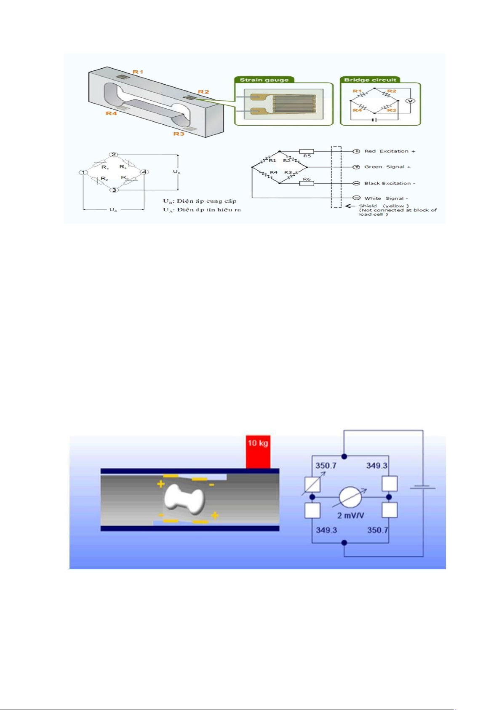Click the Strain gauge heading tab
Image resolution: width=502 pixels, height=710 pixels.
click(x=264, y=80)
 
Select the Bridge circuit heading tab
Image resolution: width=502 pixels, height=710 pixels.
click(x=370, y=80)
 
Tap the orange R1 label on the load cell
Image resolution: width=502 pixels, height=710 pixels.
click(x=138, y=72)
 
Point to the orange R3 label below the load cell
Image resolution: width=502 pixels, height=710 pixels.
click(x=179, y=134)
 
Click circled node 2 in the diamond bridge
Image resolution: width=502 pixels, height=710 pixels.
click(x=114, y=155)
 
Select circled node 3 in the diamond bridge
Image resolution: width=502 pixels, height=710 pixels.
click(x=114, y=190)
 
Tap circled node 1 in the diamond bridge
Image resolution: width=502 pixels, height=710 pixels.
click(x=83, y=172)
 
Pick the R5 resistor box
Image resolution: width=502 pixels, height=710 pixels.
click(x=307, y=151)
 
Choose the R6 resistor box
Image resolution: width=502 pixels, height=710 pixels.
click(x=307, y=183)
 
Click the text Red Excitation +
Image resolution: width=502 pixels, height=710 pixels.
click(x=390, y=151)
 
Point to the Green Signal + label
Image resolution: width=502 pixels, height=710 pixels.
click(x=387, y=167)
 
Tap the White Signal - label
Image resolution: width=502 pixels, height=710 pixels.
click(x=386, y=198)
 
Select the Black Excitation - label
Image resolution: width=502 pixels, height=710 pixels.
click(x=390, y=183)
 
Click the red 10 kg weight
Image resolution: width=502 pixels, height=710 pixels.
click(x=258, y=452)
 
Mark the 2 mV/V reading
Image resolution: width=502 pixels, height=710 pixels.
click(x=350, y=515)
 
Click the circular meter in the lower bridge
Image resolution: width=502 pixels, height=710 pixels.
click(x=350, y=497)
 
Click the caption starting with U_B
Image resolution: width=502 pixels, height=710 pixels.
click(x=200, y=201)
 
